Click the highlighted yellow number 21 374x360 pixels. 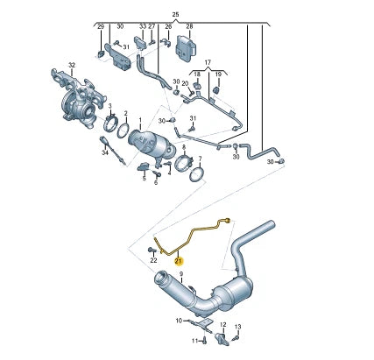[x=179, y=261]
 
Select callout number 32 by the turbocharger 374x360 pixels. [x=73, y=65]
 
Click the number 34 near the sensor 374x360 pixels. [x=104, y=153]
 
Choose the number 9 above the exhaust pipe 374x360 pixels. [x=180, y=275]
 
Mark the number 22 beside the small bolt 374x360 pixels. [x=153, y=260]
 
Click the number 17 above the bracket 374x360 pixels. [x=208, y=63]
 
